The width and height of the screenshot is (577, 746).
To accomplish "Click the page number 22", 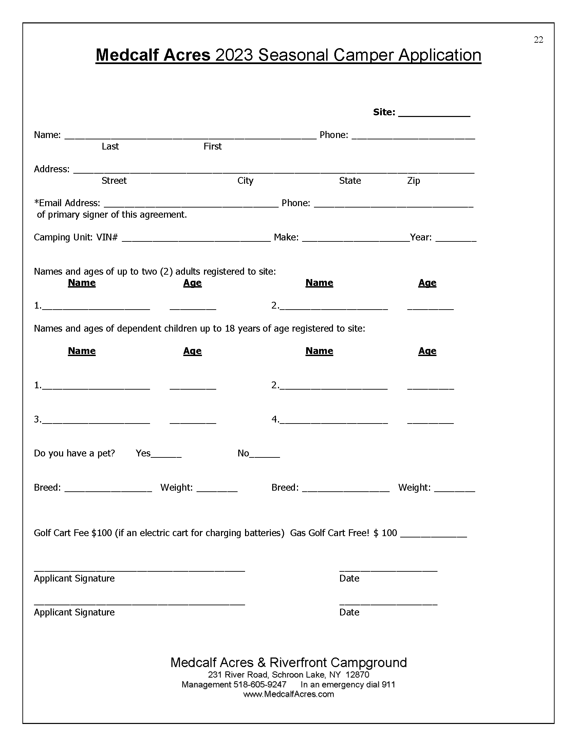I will [538, 40].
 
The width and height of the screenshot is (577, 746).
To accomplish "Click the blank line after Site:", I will [434, 114].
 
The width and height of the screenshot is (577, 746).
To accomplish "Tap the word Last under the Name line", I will [110, 146].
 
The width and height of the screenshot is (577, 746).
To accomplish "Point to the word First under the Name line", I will [212, 146].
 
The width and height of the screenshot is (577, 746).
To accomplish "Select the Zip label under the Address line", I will [413, 181].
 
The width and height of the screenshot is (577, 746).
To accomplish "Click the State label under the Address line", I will [350, 181].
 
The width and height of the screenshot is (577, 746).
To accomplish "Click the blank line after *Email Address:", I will [191, 204].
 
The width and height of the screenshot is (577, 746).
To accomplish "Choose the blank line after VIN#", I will [196, 239].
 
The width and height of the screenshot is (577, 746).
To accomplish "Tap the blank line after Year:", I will [456, 239].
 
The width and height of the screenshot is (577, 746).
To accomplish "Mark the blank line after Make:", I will [356, 239].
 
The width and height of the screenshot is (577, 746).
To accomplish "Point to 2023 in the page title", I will [234, 55].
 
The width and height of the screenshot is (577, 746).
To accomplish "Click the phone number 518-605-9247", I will [260, 685].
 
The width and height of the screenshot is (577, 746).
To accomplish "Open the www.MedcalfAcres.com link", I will [288, 694].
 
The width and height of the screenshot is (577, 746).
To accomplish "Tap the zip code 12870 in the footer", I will [357, 674].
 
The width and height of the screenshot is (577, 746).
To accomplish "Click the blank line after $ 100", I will [433, 535].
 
